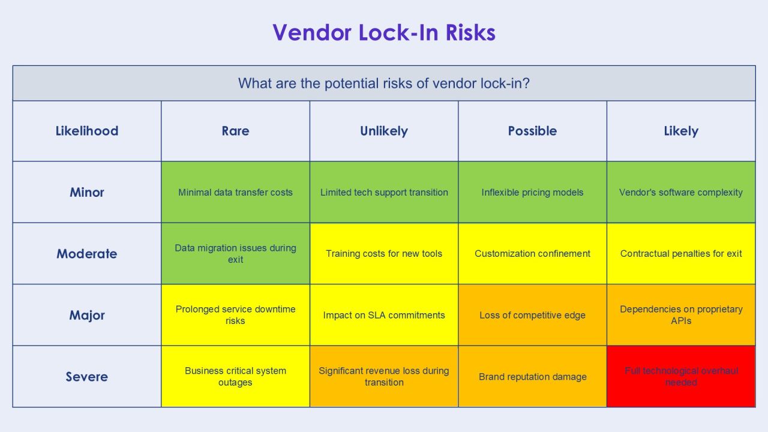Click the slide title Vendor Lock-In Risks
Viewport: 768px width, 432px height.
[x=384, y=32]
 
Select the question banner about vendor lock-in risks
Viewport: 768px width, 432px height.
[x=384, y=83]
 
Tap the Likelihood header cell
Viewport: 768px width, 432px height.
[x=87, y=131]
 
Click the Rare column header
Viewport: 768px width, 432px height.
[x=235, y=131]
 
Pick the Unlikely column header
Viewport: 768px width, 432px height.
[x=384, y=131]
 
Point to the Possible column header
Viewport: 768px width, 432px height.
[x=532, y=131]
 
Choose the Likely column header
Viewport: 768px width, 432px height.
[x=681, y=131]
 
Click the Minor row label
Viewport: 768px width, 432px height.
[x=87, y=192]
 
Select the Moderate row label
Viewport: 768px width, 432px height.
[x=87, y=254]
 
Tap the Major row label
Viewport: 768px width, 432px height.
[x=87, y=315]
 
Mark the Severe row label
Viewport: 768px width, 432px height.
[x=87, y=376]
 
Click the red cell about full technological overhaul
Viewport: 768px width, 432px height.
[x=681, y=376]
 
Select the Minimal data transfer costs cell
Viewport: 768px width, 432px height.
[x=235, y=192]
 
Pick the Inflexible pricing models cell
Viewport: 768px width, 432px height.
[x=532, y=192]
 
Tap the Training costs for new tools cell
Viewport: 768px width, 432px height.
[x=384, y=254]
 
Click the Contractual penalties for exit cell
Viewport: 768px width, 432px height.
[x=681, y=254]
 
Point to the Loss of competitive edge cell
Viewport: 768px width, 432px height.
[x=532, y=315]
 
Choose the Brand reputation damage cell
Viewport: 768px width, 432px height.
[x=532, y=376]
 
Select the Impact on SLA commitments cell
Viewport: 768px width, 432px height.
[x=384, y=315]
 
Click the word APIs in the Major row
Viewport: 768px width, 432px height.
[x=681, y=321]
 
